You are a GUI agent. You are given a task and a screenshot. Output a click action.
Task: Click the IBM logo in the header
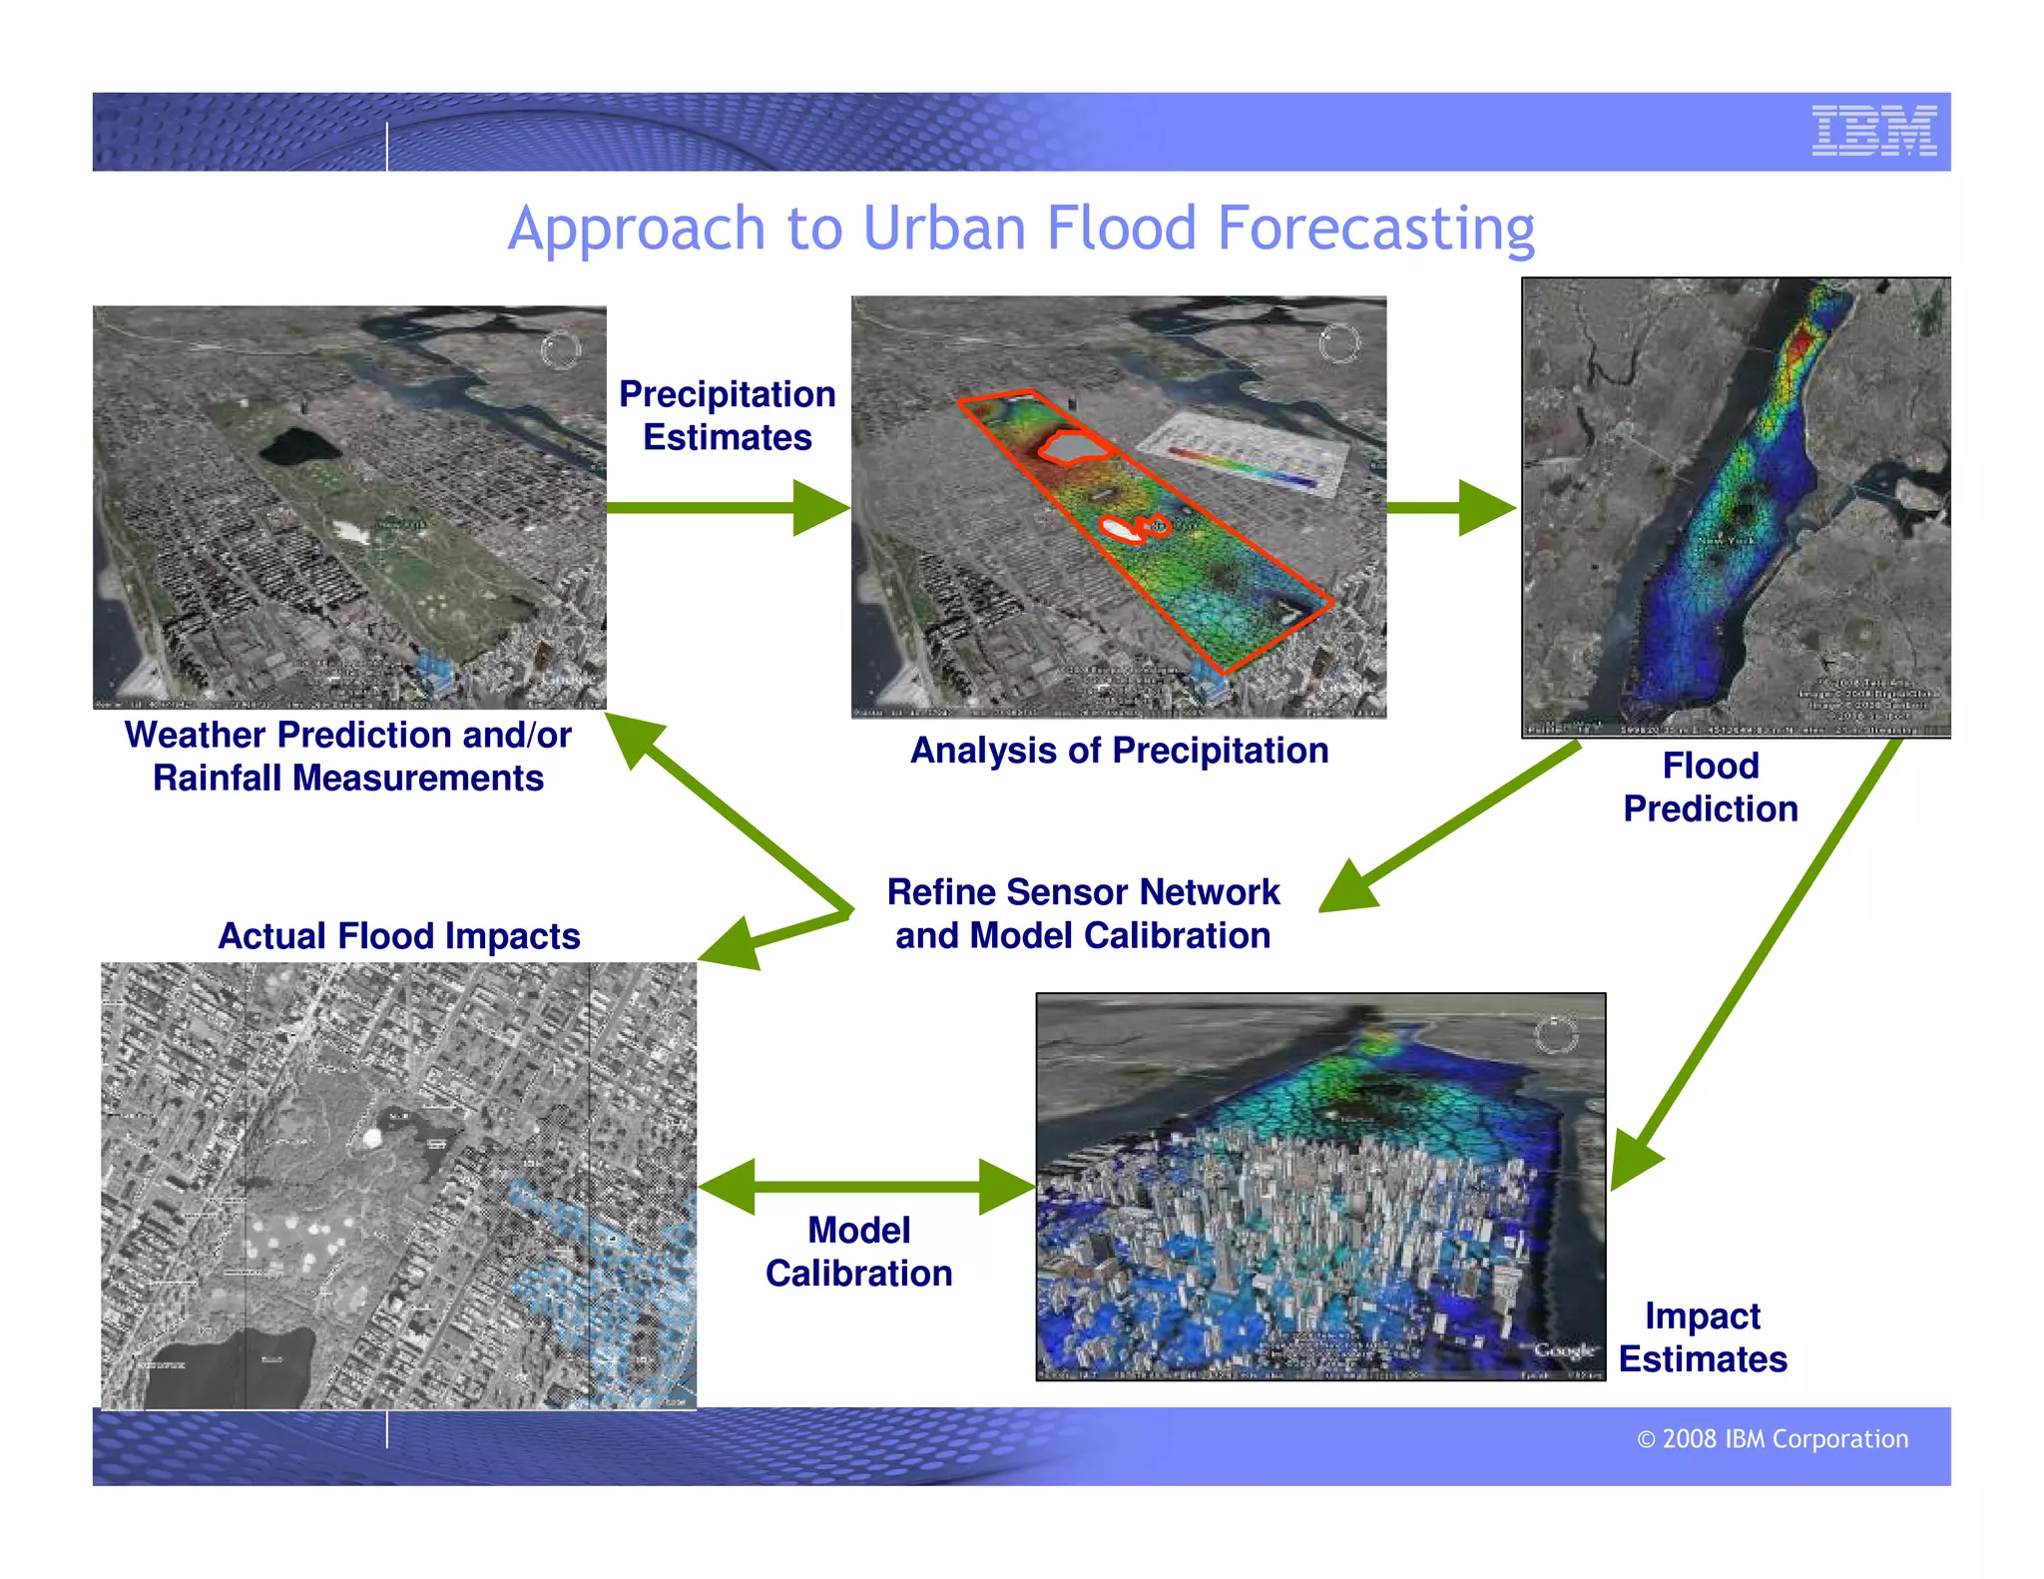tap(1873, 131)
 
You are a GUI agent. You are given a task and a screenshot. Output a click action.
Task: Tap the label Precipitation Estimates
tap(727, 415)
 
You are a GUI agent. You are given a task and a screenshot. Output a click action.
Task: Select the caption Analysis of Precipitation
tap(1119, 751)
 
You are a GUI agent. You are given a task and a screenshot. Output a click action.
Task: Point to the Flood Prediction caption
tap(1710, 787)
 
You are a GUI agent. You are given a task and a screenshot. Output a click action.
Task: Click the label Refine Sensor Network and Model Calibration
tap(1083, 913)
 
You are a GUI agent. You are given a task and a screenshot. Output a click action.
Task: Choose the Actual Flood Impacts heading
tap(399, 936)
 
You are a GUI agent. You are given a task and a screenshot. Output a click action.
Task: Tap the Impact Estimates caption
tap(1702, 1337)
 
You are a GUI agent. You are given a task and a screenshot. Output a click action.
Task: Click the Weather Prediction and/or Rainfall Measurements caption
tap(347, 756)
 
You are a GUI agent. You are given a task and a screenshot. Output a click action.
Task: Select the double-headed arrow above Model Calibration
tap(866, 1187)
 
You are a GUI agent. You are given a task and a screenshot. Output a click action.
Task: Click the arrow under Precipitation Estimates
tap(727, 508)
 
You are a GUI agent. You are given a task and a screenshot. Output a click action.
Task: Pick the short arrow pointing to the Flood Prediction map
tap(1451, 508)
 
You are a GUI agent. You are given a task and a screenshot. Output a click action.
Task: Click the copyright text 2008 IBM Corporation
tap(1773, 1438)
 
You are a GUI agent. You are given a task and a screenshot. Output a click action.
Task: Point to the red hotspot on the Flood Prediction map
tap(1800, 345)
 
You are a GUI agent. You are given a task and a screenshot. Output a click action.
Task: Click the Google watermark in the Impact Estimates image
tap(1564, 1349)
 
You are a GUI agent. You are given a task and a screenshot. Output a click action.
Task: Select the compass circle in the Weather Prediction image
tap(560, 350)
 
